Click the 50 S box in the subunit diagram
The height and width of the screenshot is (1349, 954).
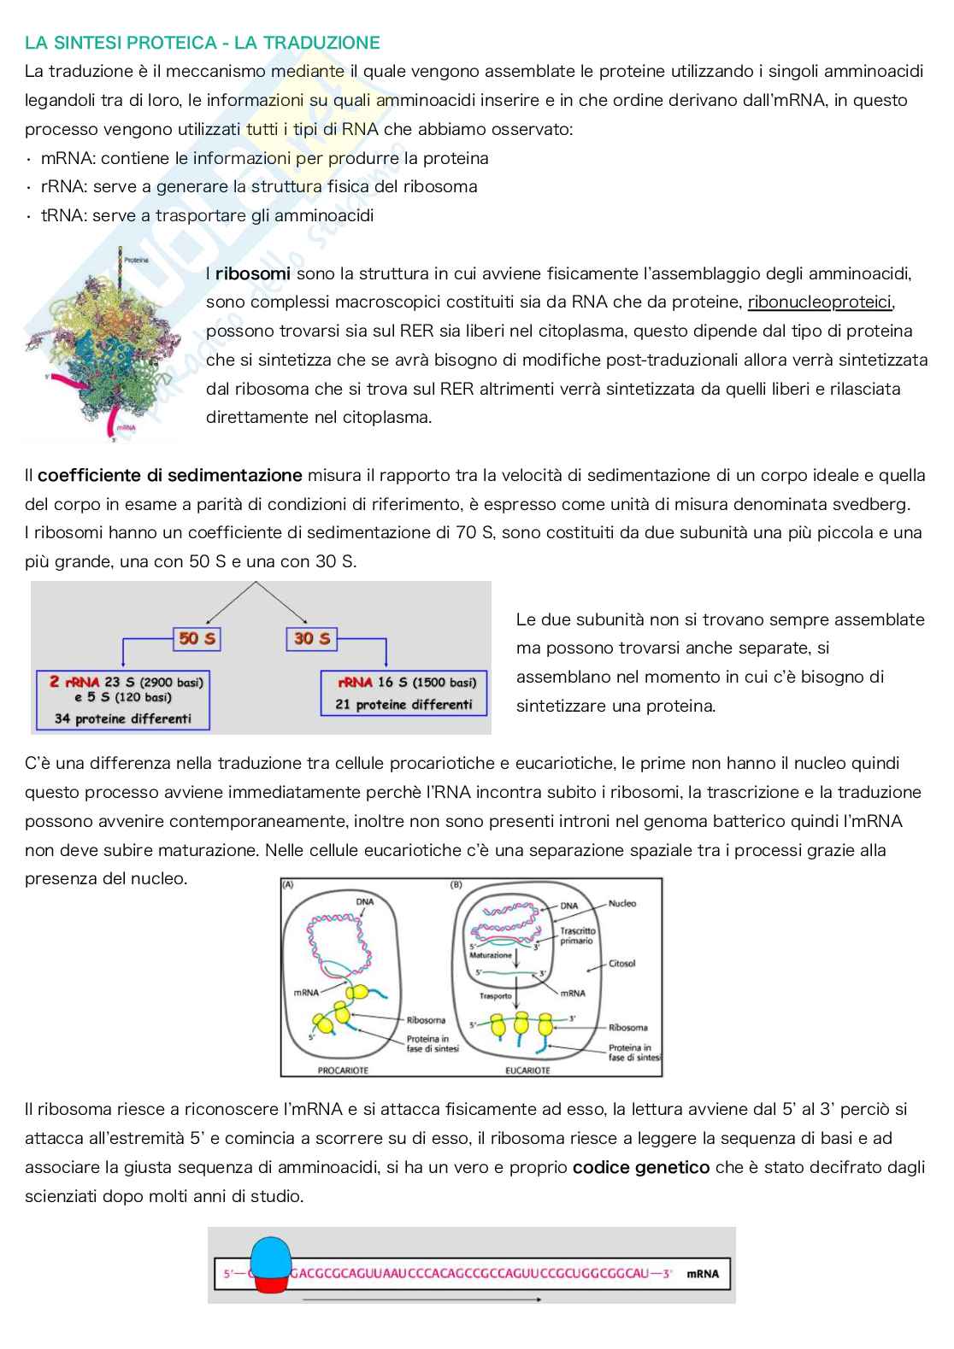tap(197, 638)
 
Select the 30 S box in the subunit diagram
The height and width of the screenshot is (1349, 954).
tap(310, 638)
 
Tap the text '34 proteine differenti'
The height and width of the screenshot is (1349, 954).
tap(122, 718)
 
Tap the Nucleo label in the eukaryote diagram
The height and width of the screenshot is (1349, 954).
tap(622, 903)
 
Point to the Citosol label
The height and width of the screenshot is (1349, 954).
tap(621, 964)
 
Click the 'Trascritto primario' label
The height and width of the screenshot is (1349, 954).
tap(578, 936)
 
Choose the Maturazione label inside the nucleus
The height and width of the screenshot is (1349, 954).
tap(492, 954)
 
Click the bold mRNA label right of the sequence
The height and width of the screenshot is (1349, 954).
tap(703, 1274)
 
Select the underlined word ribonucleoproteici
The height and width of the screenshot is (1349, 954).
tap(820, 302)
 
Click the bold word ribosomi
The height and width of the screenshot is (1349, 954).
tap(253, 273)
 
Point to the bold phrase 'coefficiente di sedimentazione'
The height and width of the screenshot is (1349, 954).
tap(170, 475)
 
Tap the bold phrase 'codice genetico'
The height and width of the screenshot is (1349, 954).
tap(641, 1167)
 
